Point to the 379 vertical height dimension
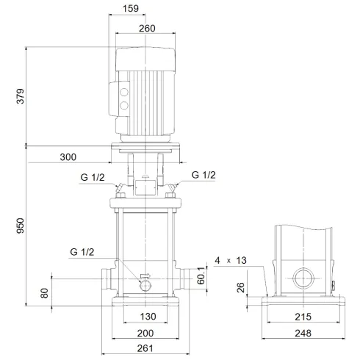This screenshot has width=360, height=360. coord(20,97)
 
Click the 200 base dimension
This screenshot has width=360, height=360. coord(145,333)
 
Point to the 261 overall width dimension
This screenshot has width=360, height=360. coord(145,348)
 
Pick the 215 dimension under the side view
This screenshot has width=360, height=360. coord(303,317)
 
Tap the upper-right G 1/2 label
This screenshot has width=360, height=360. coord(204,175)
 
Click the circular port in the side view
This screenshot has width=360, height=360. coord(303,280)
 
